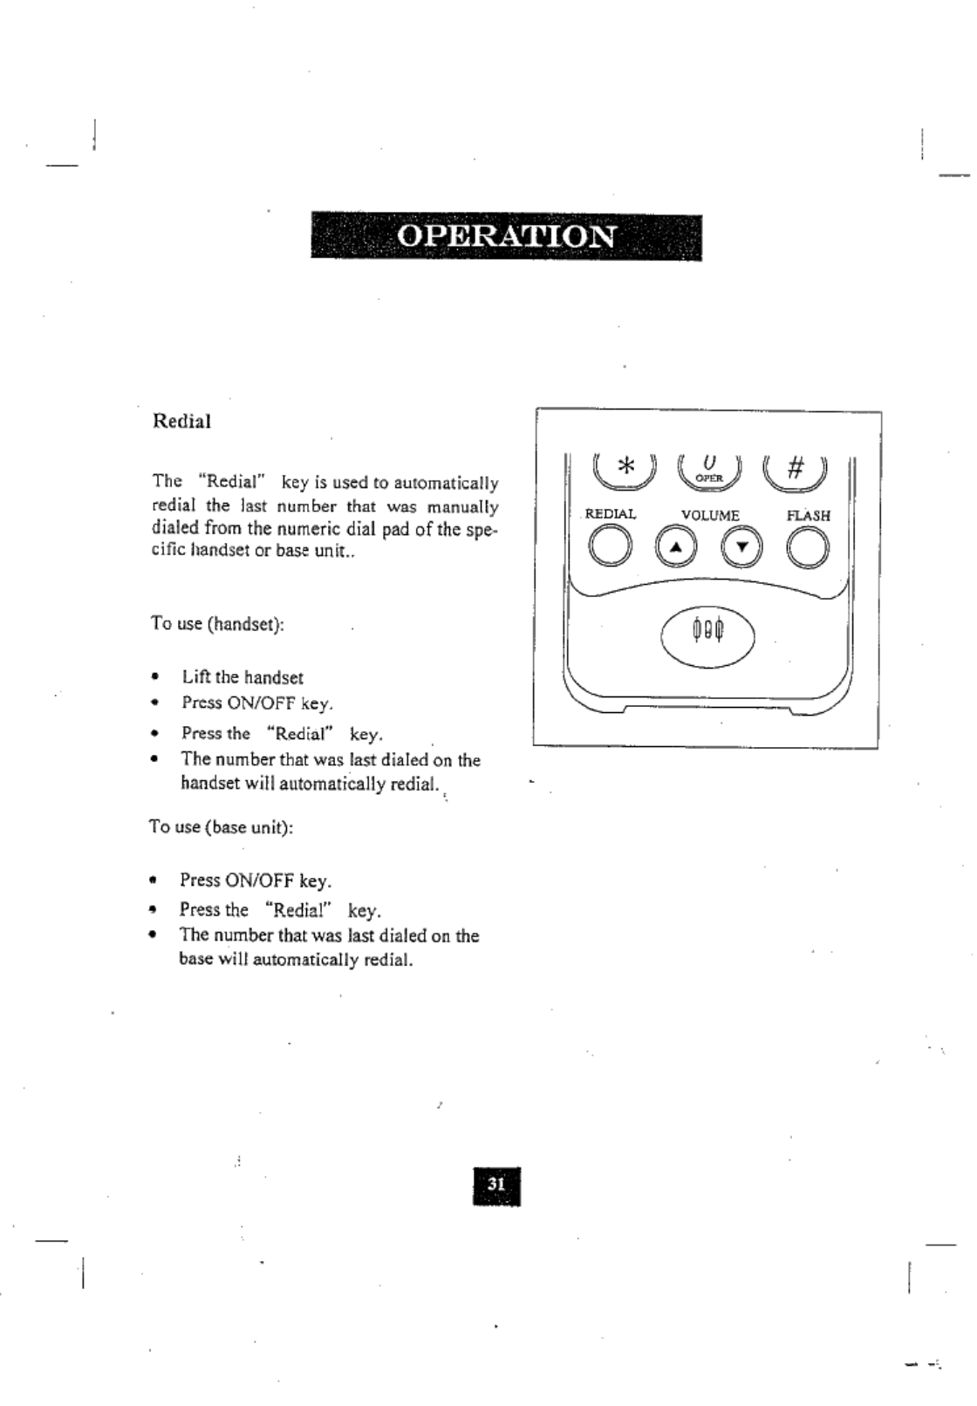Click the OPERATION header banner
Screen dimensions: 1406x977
pyautogui.click(x=506, y=236)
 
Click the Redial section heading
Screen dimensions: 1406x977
pyautogui.click(x=181, y=421)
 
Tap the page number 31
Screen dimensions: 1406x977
pyautogui.click(x=495, y=1185)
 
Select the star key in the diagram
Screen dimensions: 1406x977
pyautogui.click(x=625, y=468)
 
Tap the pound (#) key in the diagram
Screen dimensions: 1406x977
pyautogui.click(x=794, y=468)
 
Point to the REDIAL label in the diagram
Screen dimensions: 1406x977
pyautogui.click(x=611, y=514)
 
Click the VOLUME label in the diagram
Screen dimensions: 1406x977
pyautogui.click(x=709, y=515)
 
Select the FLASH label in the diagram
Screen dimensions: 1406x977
pyautogui.click(x=808, y=515)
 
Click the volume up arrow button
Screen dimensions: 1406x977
pyautogui.click(x=677, y=547)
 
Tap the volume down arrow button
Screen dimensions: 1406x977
pyautogui.click(x=742, y=547)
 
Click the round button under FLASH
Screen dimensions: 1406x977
pyautogui.click(x=808, y=547)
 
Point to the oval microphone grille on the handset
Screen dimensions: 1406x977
pyautogui.click(x=708, y=630)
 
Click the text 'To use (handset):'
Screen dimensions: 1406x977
pyautogui.click(x=217, y=624)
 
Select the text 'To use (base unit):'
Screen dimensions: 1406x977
pyautogui.click(x=221, y=826)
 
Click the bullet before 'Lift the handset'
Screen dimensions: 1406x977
pyautogui.click(x=154, y=677)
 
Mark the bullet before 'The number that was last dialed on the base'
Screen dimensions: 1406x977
pyautogui.click(x=154, y=936)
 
